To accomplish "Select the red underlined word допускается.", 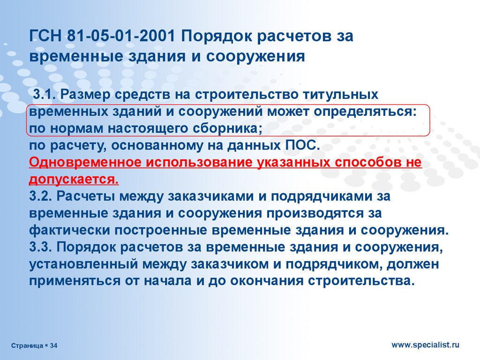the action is click(74, 180).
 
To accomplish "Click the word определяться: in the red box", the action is click(365, 112).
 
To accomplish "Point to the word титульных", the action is click(340, 94).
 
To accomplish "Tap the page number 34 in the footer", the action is click(53, 345).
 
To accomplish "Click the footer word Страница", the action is click(27, 346).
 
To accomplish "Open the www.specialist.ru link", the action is click(426, 345).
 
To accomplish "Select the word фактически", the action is click(69, 230).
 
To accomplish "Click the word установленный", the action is click(83, 264).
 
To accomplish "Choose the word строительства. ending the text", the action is click(361, 281).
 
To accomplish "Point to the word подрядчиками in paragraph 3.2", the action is click(322, 196).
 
